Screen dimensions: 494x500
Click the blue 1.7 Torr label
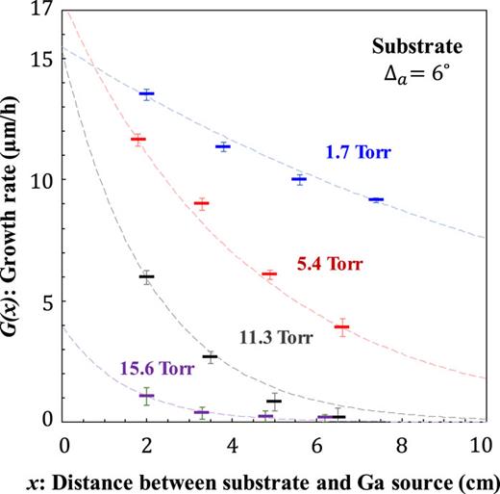(359, 152)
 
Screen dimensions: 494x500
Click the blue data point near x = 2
(147, 94)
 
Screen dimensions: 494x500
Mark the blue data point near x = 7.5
(376, 199)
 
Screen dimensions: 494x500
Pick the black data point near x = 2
(146, 276)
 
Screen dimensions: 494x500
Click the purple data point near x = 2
(147, 396)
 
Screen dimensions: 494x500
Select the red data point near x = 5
(268, 274)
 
